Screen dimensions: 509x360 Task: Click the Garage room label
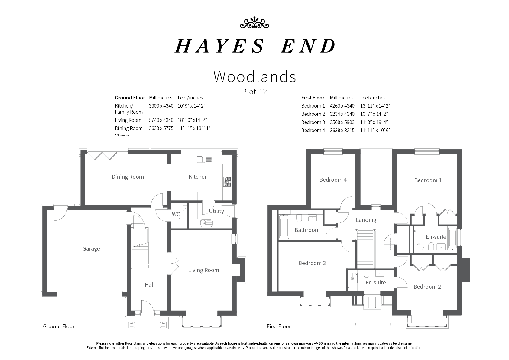pyautogui.click(x=91, y=249)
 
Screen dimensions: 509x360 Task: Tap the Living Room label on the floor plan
pyautogui.click(x=204, y=270)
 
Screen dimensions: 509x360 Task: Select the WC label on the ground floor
pyautogui.click(x=176, y=214)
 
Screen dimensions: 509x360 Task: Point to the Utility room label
pyautogui.click(x=216, y=211)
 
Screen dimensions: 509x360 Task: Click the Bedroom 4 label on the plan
pyautogui.click(x=333, y=180)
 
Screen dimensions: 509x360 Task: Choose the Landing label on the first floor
pyautogui.click(x=366, y=220)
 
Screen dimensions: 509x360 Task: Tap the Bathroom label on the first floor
pyautogui.click(x=307, y=230)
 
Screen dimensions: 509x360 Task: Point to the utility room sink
pyautogui.click(x=206, y=223)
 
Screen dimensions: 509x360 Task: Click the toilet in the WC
pyautogui.click(x=178, y=222)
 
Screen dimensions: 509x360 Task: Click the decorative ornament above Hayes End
pyautogui.click(x=254, y=23)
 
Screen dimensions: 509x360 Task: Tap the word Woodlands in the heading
pyautogui.click(x=255, y=76)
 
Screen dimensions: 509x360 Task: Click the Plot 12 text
pyautogui.click(x=254, y=92)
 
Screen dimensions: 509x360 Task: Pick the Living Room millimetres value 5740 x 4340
pyautogui.click(x=161, y=120)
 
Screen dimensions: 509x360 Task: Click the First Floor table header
pyautogui.click(x=313, y=98)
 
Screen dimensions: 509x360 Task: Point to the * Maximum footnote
pyautogui.click(x=122, y=135)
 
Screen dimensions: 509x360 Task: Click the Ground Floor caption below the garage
pyautogui.click(x=59, y=326)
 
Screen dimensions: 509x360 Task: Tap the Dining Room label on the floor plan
pyautogui.click(x=128, y=177)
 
